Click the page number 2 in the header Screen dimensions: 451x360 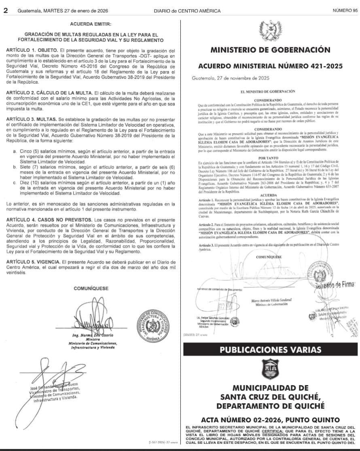6,11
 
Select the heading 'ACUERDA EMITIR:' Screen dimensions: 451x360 91,24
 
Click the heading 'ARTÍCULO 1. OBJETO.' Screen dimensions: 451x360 30,49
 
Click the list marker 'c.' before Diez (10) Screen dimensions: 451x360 15,183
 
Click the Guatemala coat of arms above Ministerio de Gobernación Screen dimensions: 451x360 270,30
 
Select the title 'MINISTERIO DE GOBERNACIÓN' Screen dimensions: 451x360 270,50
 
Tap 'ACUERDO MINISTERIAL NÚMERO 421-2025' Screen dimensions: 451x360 270,66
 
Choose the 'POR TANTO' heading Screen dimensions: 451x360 270,158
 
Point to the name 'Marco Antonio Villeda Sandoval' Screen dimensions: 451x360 271,301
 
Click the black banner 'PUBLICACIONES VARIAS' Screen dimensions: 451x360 270,349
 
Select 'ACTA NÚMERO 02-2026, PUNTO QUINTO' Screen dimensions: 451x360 270,420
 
